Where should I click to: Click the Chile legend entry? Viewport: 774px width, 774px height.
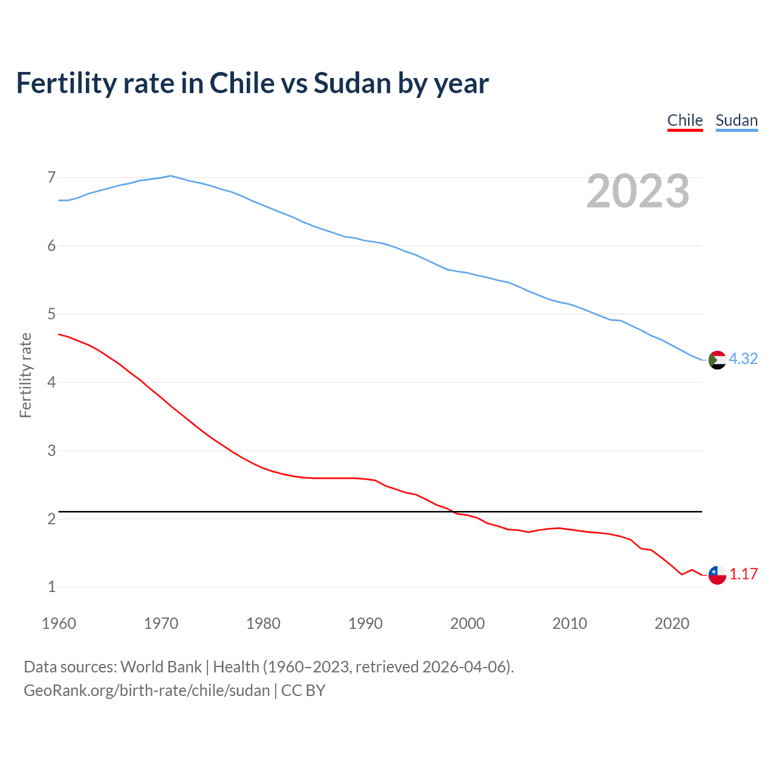[x=685, y=120]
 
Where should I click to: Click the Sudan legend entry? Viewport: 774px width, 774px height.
[x=737, y=120]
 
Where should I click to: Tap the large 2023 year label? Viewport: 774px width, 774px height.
[x=638, y=191]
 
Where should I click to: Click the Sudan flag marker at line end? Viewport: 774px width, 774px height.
[x=717, y=360]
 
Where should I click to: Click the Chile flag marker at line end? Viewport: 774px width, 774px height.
[x=717, y=575]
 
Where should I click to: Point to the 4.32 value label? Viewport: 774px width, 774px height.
[x=743, y=359]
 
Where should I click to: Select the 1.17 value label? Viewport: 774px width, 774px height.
[x=743, y=574]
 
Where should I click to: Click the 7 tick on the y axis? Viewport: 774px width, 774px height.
[x=51, y=177]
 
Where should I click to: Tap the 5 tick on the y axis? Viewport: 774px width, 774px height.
[x=51, y=314]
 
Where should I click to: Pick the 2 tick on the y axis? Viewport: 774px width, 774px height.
[x=51, y=519]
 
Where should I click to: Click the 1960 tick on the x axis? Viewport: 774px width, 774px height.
[x=59, y=623]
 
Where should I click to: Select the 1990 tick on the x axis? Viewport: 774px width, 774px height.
[x=365, y=623]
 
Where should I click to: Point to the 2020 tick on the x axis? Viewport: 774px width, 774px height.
[x=672, y=623]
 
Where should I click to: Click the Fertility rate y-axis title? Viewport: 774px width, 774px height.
[x=25, y=375]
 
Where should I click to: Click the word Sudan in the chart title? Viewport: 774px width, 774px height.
[x=352, y=83]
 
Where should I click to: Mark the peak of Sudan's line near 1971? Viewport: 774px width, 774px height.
[x=171, y=176]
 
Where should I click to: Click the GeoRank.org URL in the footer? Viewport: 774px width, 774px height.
[x=147, y=691]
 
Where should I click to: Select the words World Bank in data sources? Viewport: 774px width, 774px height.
[x=161, y=667]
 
